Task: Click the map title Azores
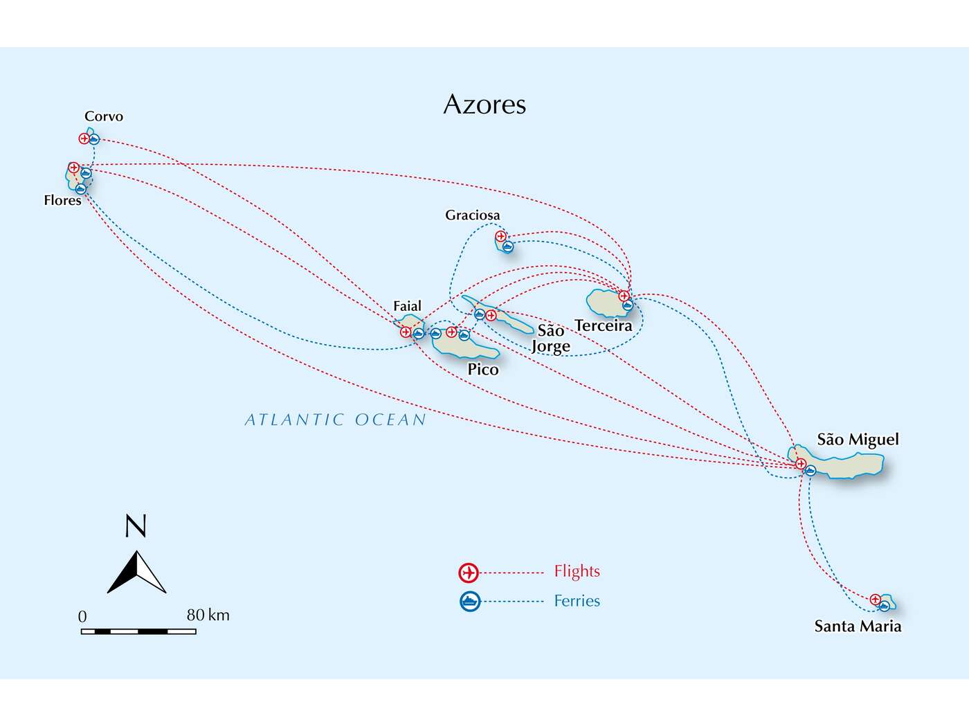pyautogui.click(x=484, y=105)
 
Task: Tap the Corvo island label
pyautogui.click(x=104, y=116)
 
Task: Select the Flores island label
pyautogui.click(x=62, y=200)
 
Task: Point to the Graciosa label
pyautogui.click(x=472, y=215)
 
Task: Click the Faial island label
pyautogui.click(x=407, y=306)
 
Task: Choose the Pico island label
pyautogui.click(x=483, y=369)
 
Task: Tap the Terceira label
pyautogui.click(x=603, y=325)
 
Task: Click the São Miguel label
pyautogui.click(x=858, y=440)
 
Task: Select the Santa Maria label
pyautogui.click(x=858, y=627)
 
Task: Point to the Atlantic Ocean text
pyautogui.click(x=336, y=420)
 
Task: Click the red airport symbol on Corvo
pyautogui.click(x=84, y=138)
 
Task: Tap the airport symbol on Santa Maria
pyautogui.click(x=875, y=599)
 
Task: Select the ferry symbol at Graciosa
pyautogui.click(x=508, y=246)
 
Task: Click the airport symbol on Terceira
pyautogui.click(x=624, y=296)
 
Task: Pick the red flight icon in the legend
pyautogui.click(x=469, y=573)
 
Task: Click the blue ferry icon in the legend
pyautogui.click(x=470, y=601)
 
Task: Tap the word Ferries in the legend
pyautogui.click(x=577, y=601)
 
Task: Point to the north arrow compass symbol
pyautogui.click(x=137, y=571)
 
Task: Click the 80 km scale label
pyautogui.click(x=208, y=615)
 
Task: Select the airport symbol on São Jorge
pyautogui.click(x=491, y=316)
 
